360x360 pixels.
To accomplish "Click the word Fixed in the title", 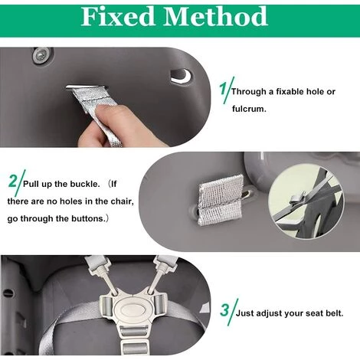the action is click(x=118, y=16).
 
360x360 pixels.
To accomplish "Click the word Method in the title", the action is click(x=215, y=16).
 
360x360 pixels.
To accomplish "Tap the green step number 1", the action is click(x=223, y=88).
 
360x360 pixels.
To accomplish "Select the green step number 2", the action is click(x=12, y=181).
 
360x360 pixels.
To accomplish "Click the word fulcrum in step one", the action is click(x=249, y=109).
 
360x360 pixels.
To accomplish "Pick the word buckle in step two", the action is click(x=85, y=184).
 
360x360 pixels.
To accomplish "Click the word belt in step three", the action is click(x=335, y=313).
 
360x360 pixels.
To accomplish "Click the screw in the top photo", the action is click(x=42, y=55).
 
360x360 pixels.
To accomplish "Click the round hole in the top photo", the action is click(x=181, y=76).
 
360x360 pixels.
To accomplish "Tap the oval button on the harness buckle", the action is click(x=130, y=309).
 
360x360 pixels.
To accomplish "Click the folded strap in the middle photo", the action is click(x=221, y=200).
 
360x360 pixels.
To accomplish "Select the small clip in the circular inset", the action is click(x=297, y=199).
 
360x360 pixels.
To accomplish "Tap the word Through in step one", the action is click(x=248, y=92).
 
